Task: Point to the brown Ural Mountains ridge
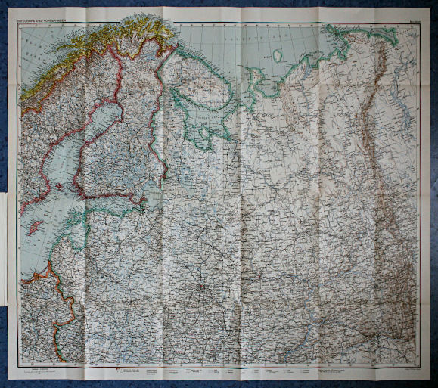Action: coord(371,151)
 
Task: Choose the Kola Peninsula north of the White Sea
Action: coord(204,83)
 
